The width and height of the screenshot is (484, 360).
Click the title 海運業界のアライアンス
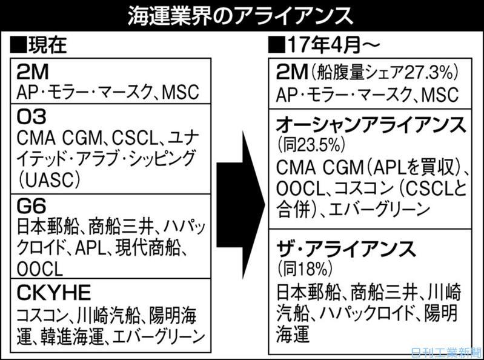pos(242,17)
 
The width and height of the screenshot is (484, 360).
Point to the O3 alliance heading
pos(30,115)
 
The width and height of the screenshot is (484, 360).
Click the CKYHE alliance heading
pos(55,293)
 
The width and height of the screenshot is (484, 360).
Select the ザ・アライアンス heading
pos(346,247)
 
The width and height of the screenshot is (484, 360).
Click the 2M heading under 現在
pos(31,71)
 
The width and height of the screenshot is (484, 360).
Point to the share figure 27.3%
pos(424,73)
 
